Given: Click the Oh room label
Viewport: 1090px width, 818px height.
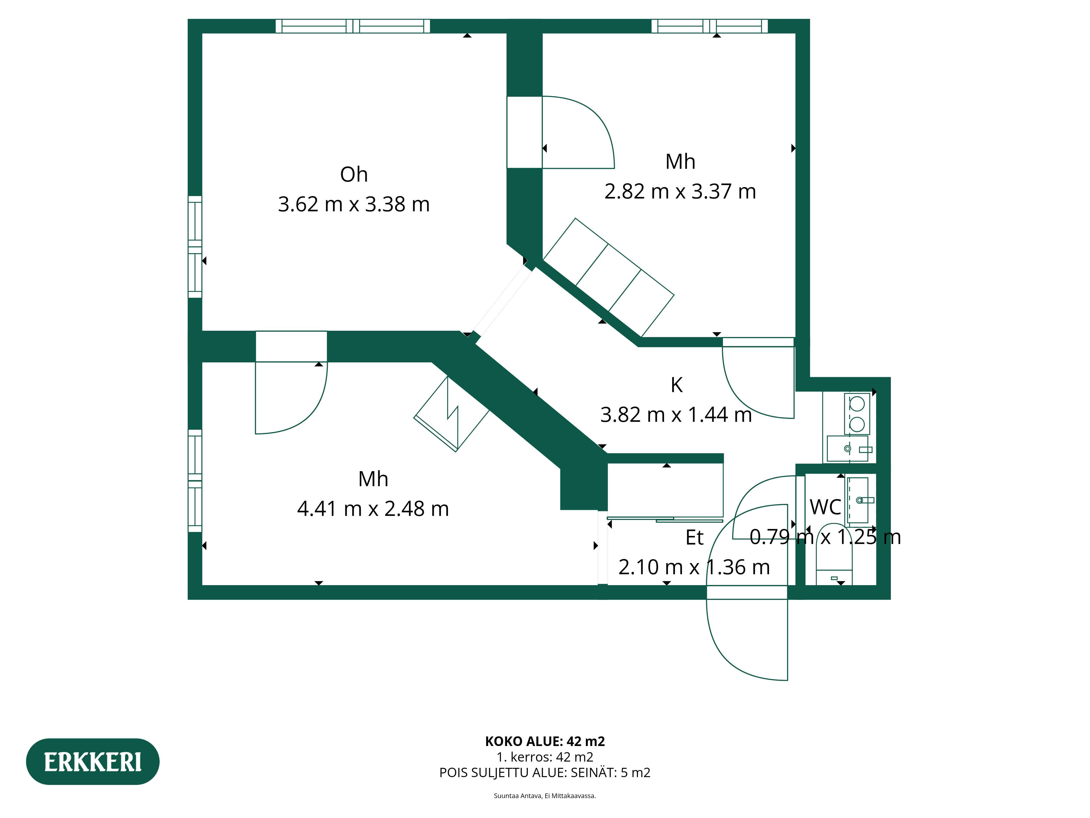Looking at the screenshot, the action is click(354, 175).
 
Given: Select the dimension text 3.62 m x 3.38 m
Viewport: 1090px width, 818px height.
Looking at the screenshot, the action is click(354, 204).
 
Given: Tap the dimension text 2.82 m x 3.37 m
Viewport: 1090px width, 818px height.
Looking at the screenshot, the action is click(680, 191).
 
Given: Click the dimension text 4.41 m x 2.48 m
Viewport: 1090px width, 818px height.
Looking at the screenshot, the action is click(373, 509).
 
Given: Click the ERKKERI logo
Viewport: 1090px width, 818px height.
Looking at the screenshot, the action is click(93, 762).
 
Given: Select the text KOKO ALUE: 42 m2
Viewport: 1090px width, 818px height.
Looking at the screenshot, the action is click(545, 742).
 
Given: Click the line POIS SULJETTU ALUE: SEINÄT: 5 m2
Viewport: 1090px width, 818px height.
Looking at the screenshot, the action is click(545, 773).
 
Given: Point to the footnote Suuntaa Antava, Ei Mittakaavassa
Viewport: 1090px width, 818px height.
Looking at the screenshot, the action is click(545, 796).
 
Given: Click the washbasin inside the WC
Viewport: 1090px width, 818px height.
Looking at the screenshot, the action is click(858, 500).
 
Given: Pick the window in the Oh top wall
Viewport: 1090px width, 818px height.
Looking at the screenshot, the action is click(353, 26).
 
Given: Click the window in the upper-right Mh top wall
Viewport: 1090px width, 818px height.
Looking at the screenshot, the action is click(710, 26).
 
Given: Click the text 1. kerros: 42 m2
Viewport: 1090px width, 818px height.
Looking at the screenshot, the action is click(545, 757).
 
